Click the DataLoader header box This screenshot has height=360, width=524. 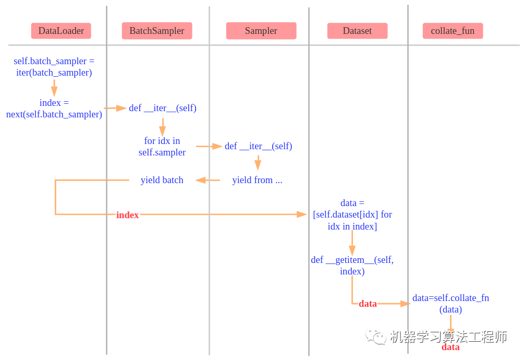click(61, 31)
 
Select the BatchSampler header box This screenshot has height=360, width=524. click(157, 31)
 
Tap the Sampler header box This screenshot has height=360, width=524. click(261, 31)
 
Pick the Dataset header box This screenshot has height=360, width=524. click(357, 31)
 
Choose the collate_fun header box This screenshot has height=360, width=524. click(453, 31)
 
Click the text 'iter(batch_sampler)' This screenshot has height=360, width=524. click(54, 73)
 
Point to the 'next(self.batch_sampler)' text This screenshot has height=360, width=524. click(54, 114)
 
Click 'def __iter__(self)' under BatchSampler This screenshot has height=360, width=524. click(163, 108)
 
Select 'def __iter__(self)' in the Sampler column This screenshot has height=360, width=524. click(258, 146)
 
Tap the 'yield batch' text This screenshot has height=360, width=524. click(162, 180)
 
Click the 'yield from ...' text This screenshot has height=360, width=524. click(257, 180)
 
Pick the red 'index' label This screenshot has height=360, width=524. click(127, 215)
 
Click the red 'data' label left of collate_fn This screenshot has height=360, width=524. click(368, 304)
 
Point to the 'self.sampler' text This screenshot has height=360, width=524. click(162, 152)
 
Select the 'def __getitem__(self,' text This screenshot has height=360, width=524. click(352, 260)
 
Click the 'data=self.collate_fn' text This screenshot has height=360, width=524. click(450, 298)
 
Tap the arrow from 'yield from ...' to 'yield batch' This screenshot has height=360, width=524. click(208, 180)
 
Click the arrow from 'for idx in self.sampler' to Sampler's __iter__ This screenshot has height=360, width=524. click(209, 147)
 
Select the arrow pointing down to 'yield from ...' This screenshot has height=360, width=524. click(257, 163)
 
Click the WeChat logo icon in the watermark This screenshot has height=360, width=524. click(375, 337)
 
